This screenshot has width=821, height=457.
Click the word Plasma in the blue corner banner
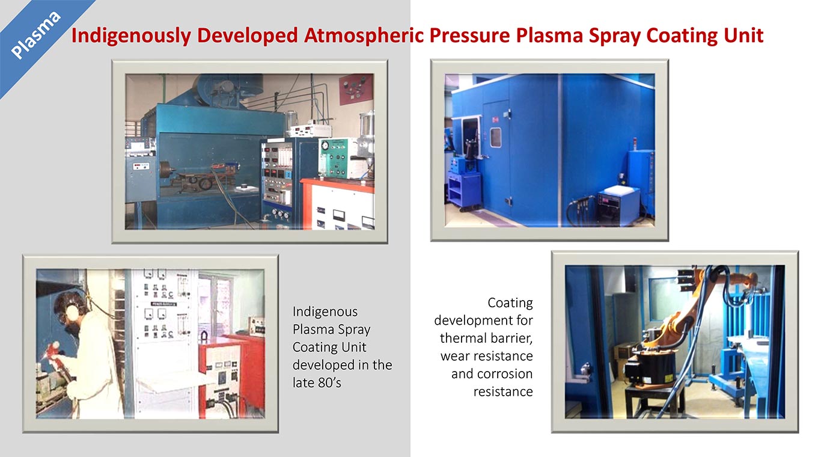[35, 35]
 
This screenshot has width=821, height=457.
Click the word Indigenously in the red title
[131, 36]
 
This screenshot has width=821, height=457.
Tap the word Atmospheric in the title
[364, 35]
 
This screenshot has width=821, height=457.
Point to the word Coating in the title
[682, 36]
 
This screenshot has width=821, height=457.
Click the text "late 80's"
[317, 382]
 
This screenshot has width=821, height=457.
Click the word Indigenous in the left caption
[325, 311]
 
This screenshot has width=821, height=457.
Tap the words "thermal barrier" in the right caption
[486, 338]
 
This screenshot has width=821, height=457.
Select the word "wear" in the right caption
[456, 356]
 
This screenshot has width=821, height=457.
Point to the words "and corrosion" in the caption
[492, 374]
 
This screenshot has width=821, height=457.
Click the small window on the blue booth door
[495, 138]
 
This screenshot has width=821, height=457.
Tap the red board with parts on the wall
[356, 89]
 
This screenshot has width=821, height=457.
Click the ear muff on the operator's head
[73, 313]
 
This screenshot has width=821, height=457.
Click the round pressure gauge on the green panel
[325, 146]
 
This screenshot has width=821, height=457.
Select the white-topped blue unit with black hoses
[620, 206]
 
